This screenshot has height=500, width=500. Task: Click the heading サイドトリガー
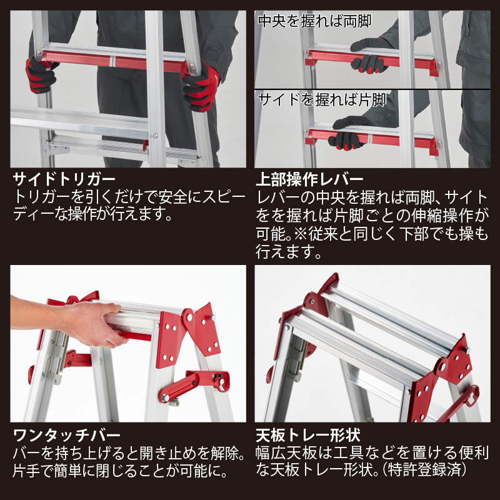click(64, 179)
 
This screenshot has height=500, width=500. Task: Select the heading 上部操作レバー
click(309, 179)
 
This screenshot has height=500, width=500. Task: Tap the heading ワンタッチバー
click(67, 435)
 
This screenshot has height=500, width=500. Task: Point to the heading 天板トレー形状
click(308, 435)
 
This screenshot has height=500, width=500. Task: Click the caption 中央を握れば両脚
click(315, 21)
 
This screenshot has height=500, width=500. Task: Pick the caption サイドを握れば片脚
click(322, 100)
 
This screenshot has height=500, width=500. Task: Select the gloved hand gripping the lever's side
click(349, 133)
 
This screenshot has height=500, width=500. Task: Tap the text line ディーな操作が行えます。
click(92, 214)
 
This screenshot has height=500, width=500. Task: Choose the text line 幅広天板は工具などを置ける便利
click(372, 452)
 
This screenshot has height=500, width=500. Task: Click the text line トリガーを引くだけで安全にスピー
click(129, 197)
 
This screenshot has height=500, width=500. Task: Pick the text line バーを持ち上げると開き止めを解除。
click(129, 453)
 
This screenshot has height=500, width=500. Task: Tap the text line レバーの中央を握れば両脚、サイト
click(372, 197)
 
